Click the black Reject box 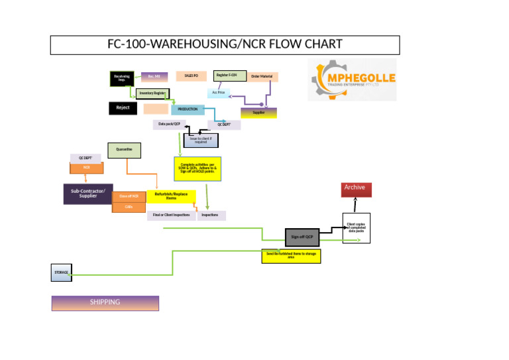click(x=123, y=108)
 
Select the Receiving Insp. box click(x=122, y=78)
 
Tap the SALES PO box click(x=192, y=76)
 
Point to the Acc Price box click(x=219, y=93)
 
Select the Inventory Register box click(x=152, y=93)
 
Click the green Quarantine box click(x=124, y=150)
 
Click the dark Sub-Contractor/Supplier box click(x=88, y=193)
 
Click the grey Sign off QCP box click(x=302, y=236)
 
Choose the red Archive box click(x=357, y=188)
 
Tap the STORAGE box click(x=61, y=272)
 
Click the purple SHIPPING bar click(x=105, y=303)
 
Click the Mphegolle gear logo click(x=352, y=80)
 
